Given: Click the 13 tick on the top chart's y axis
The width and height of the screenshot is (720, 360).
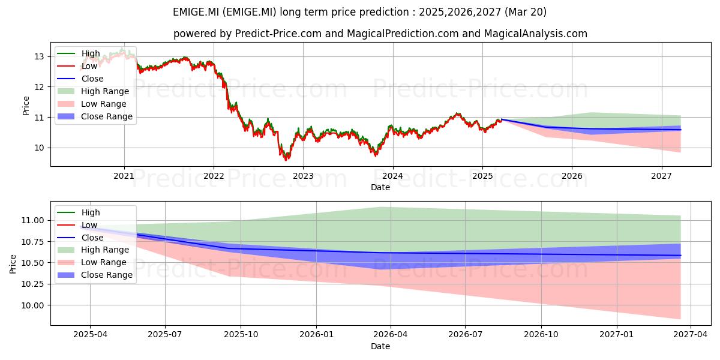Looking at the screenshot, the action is coord(39,57).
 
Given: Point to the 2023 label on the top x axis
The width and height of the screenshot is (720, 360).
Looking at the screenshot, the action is coord(303,176).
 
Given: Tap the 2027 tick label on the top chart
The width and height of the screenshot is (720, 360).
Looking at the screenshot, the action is coord(661,176).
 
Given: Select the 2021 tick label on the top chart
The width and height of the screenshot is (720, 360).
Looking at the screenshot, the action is coord(124,176).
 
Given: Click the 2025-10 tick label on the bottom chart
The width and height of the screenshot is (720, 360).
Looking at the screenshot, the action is coord(241,335).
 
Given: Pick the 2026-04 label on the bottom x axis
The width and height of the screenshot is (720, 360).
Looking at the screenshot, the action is coord(391,335).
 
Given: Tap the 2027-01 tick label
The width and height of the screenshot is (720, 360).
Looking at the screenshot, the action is coord(617,335).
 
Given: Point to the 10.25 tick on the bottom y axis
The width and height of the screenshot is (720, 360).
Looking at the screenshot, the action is coord(32,284).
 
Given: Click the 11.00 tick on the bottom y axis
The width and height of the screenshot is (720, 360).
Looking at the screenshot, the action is coord(32,221).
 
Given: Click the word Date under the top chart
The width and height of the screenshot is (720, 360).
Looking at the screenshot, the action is coord(380,187).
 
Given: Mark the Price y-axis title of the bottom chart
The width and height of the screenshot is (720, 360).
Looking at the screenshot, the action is coord(13,264).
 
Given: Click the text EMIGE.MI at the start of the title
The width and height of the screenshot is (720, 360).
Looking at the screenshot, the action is coord(196,12).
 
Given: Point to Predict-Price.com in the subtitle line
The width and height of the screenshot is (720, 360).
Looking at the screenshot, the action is coord(278,34).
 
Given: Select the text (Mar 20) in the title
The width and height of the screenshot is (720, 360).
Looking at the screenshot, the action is coord(526,12).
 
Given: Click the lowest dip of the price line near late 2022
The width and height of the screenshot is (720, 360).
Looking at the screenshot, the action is coord(286,160).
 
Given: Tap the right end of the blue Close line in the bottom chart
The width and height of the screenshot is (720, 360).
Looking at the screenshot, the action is coord(680,256).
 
